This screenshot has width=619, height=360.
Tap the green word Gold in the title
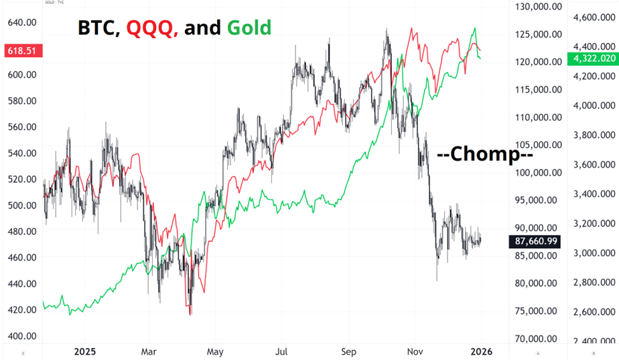tap(249, 27)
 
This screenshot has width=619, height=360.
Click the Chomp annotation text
tap(484, 154)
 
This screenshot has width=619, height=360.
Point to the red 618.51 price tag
tap(21, 51)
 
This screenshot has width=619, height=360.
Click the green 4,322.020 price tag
tap(592, 59)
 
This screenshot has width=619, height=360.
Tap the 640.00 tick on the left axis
tap(21, 22)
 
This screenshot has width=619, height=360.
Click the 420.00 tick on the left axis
tap(21, 310)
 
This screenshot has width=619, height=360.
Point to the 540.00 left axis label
tap(21, 153)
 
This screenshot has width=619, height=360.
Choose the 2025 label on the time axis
tap(85, 351)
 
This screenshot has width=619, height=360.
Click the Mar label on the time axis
tap(149, 351)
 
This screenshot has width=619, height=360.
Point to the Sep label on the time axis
tap(348, 351)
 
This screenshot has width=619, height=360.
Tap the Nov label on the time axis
tap(415, 351)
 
